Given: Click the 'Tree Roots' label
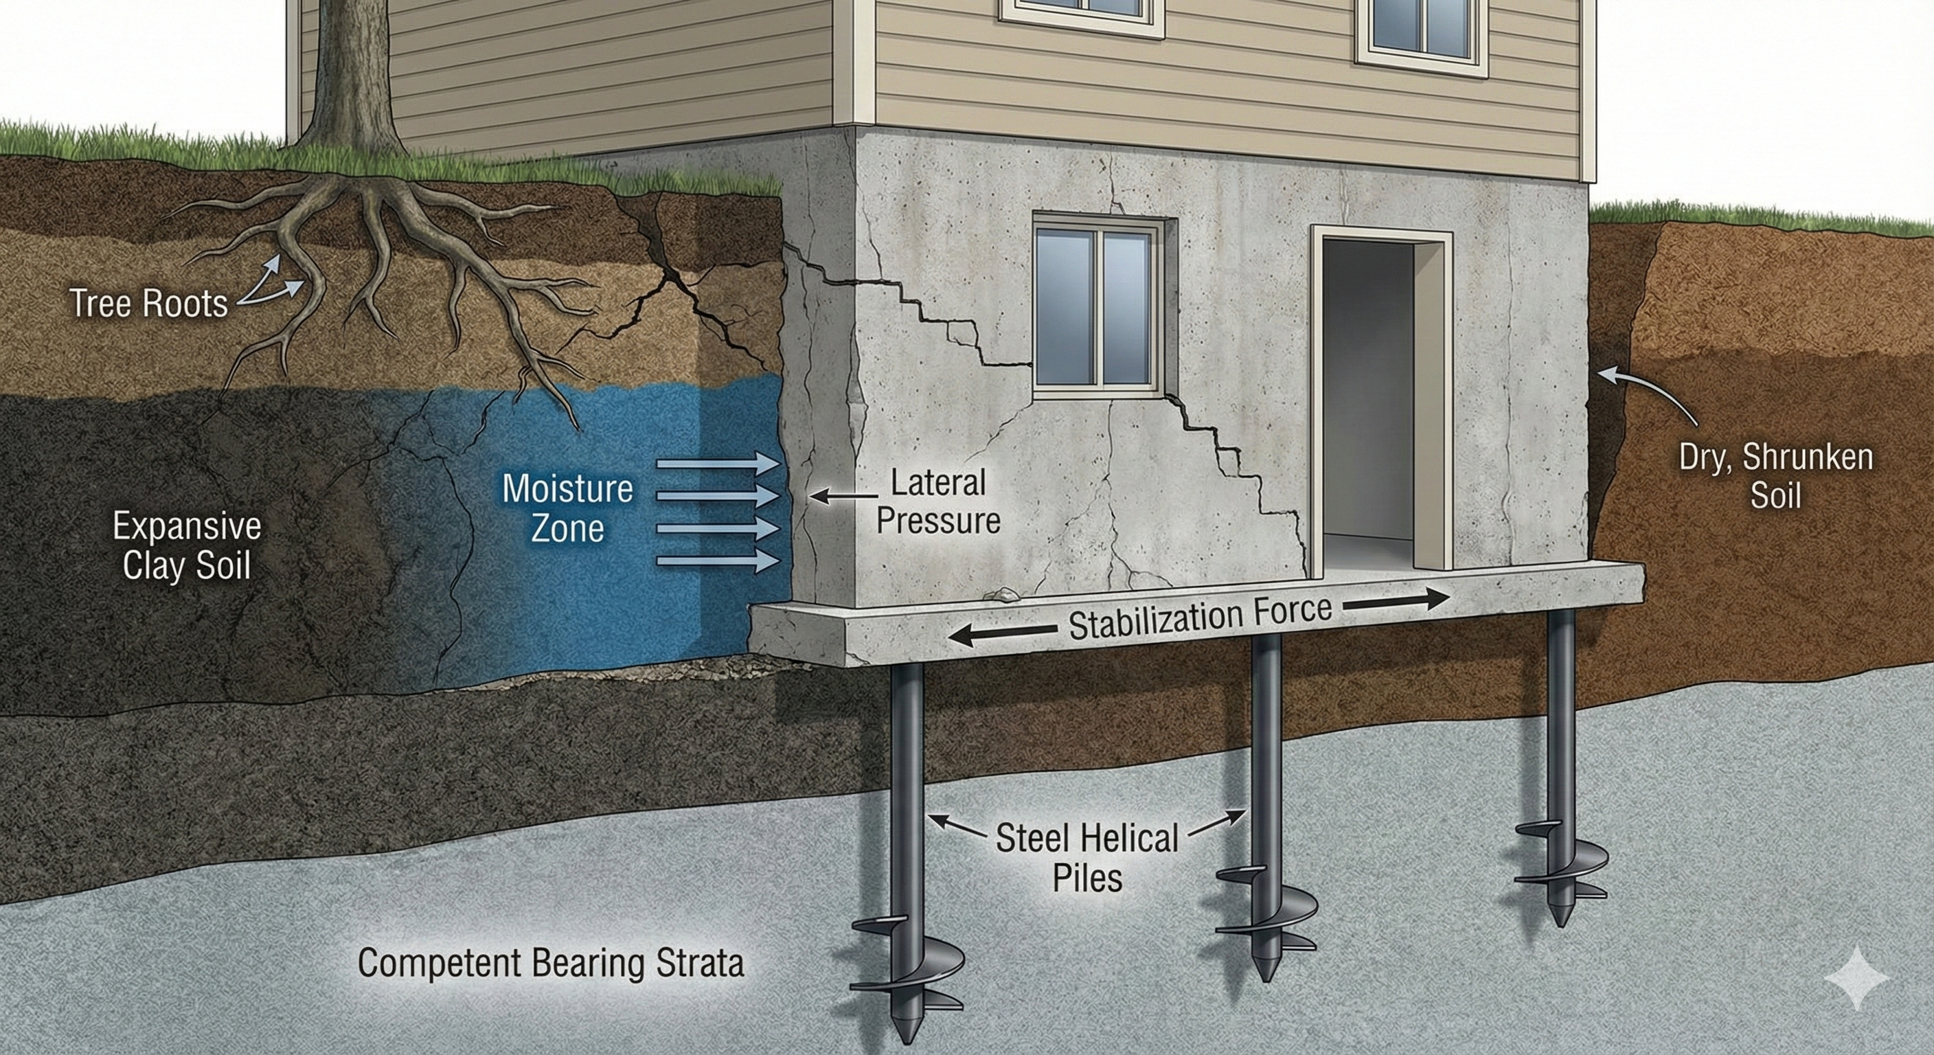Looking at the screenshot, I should coord(148,304).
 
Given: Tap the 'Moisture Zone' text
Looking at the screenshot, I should coord(567,508).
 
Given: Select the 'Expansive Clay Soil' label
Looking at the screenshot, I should coord(187,545).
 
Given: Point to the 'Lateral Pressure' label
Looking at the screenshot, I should coord(938,501).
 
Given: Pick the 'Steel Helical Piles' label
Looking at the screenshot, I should coord(1087,857).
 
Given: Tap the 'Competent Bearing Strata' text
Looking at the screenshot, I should coord(550,964).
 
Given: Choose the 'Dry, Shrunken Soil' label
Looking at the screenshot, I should coord(1775,476).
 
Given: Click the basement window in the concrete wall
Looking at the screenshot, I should coord(1093,306).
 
